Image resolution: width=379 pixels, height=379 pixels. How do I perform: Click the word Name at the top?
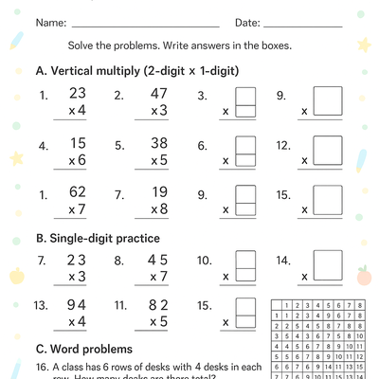click(50, 22)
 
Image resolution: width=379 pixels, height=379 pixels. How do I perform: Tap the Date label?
click(246, 22)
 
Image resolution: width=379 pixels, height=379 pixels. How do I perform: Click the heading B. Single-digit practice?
click(97, 238)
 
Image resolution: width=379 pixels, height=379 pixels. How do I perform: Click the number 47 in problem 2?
click(158, 94)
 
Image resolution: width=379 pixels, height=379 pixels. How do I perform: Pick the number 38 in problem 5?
click(158, 146)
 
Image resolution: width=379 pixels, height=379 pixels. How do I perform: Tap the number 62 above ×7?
click(78, 192)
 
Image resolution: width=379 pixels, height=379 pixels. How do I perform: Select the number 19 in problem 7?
click(158, 192)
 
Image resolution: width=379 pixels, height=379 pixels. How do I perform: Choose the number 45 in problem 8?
click(158, 260)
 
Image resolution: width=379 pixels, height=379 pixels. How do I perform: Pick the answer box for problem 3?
click(244, 101)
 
